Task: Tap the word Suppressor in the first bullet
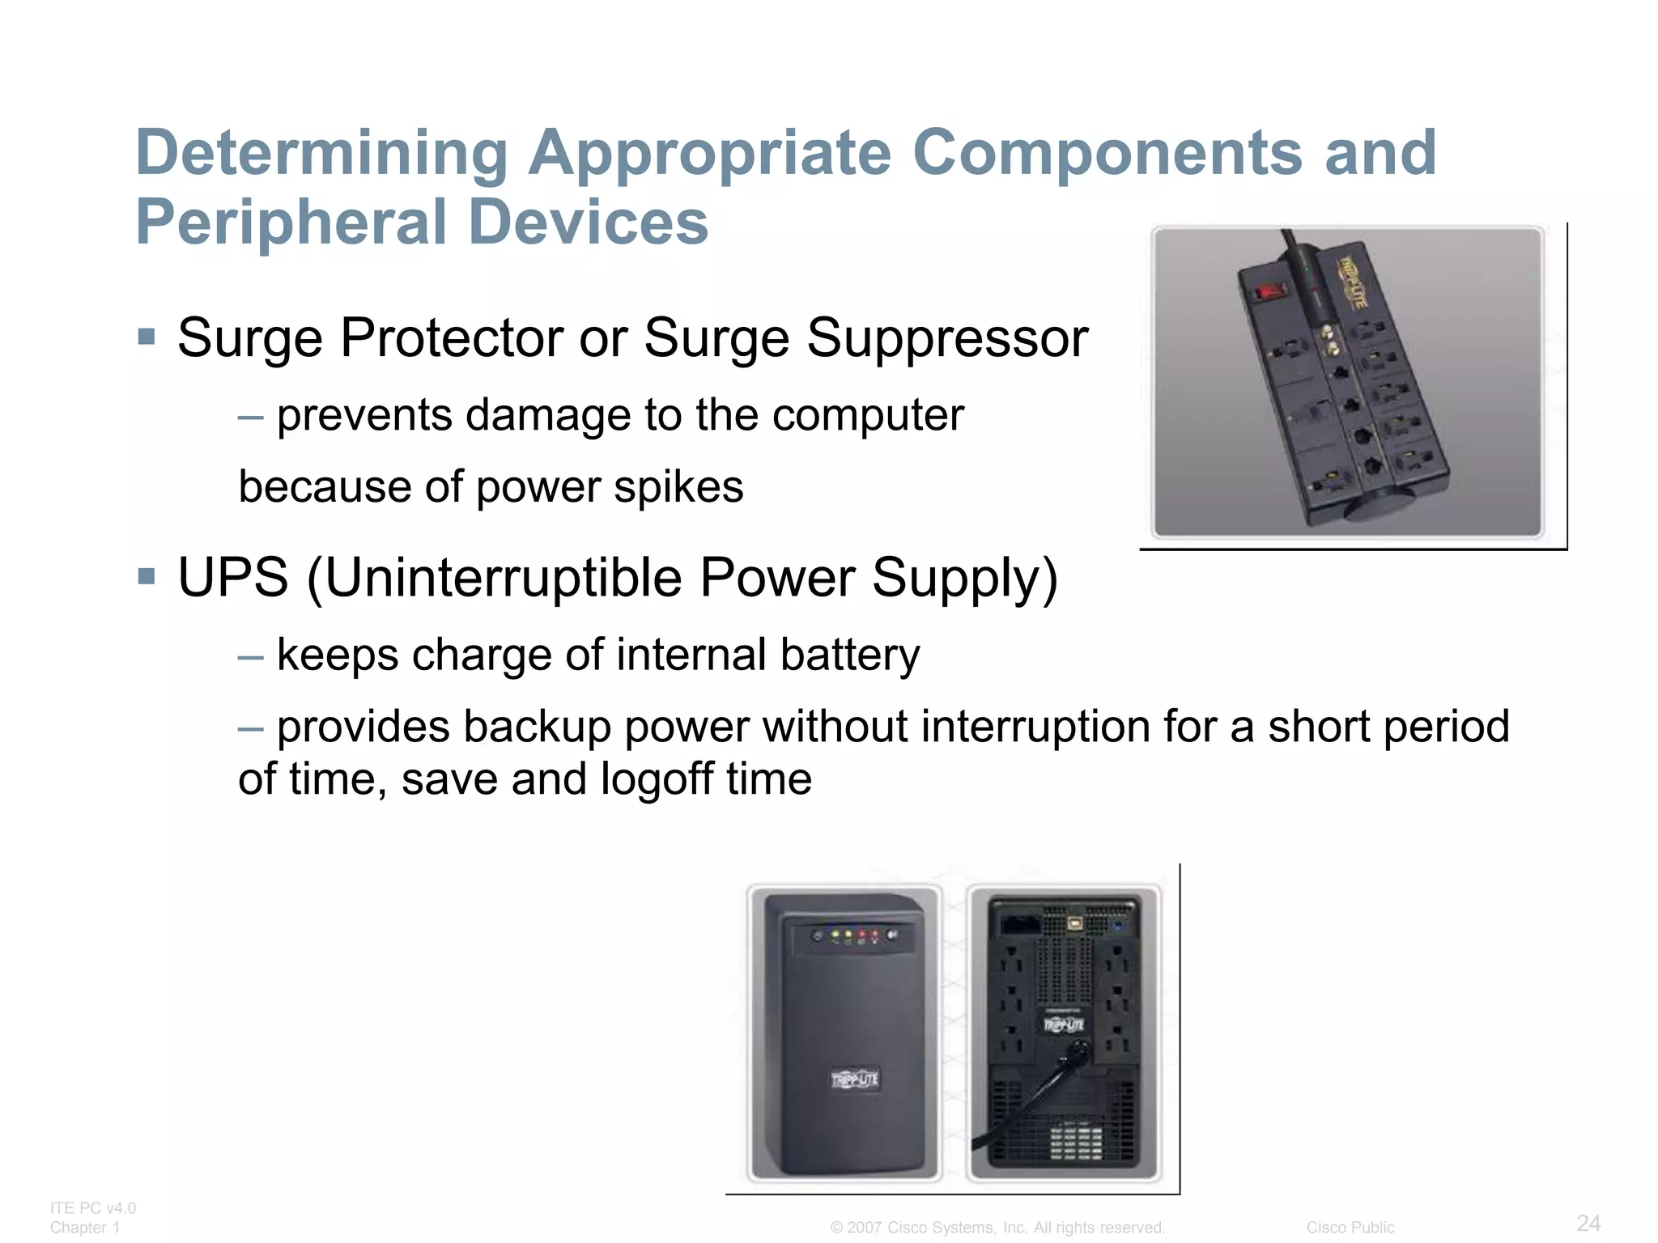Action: click(946, 337)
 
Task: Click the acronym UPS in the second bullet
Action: click(233, 578)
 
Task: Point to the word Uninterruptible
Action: click(502, 578)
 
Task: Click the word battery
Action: click(849, 655)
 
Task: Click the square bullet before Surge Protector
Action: click(147, 336)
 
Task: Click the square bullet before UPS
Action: click(147, 576)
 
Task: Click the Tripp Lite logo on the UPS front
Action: click(854, 1079)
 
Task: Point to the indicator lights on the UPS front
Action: click(855, 935)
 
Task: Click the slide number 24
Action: click(1588, 1222)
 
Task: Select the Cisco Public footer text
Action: click(1350, 1228)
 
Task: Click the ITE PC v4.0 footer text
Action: click(92, 1208)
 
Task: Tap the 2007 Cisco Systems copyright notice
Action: click(997, 1228)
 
